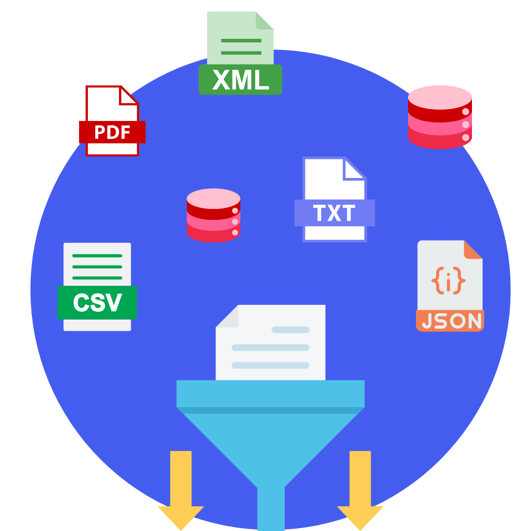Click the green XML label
click(x=240, y=80)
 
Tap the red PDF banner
click(x=112, y=132)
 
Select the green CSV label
click(x=97, y=302)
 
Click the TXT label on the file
click(x=334, y=213)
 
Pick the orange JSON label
click(x=450, y=321)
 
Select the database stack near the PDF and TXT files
click(x=213, y=215)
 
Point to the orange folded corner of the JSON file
click(x=473, y=249)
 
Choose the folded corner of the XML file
click(x=265, y=20)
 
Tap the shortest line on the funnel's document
click(x=290, y=329)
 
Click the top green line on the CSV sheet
click(x=97, y=256)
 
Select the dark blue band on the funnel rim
click(x=270, y=410)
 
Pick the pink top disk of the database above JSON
click(x=440, y=97)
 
